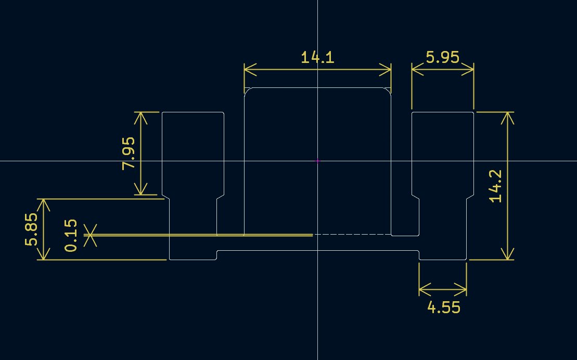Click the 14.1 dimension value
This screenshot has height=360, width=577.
coord(317,57)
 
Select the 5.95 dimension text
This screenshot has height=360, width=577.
coord(443,57)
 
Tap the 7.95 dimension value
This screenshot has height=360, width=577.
coord(129,153)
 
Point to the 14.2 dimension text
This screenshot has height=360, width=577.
coord(495,186)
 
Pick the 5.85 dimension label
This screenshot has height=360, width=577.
coord(31,229)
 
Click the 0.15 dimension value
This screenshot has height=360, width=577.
coord(71,236)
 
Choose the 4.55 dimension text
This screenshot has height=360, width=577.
coord(444,307)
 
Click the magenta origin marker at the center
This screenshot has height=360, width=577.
coord(317,161)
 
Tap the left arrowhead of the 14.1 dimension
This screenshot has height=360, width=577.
coord(250,69)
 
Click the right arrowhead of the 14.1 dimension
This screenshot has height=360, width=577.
coord(385,69)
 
